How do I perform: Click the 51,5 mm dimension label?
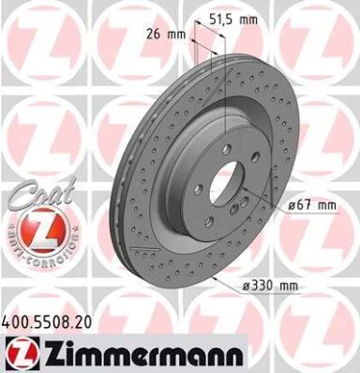point(233,20)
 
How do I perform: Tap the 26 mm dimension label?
point(166,34)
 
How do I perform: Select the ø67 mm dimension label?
point(312,205)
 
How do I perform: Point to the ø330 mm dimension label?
point(270,285)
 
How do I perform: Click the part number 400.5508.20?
point(47,322)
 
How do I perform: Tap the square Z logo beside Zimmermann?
point(22,352)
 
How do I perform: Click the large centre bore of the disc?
point(226,182)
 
